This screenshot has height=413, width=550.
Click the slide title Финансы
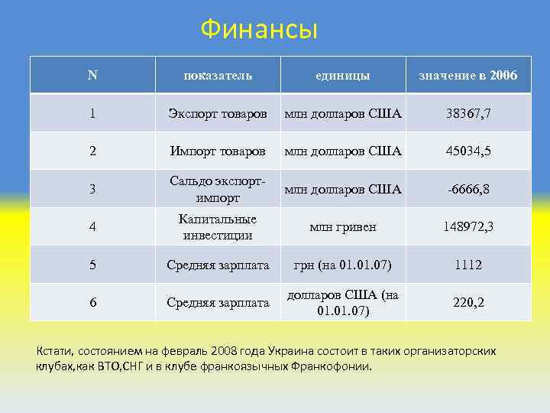point(259,30)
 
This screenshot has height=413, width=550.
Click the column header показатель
point(218,76)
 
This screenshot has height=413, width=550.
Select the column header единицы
point(343,76)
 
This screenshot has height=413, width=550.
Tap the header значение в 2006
point(467,76)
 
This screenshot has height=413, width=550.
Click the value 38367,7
point(467,113)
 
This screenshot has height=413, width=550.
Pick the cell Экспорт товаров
point(218,113)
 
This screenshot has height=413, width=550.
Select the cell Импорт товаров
point(218,151)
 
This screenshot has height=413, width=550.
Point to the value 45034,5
point(467,151)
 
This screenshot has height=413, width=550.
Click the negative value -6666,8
point(467,189)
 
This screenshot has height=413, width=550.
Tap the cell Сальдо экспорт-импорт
point(218,189)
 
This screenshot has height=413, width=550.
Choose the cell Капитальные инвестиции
point(218,227)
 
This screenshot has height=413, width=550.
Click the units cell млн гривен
point(343,227)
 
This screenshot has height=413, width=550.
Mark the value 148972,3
point(467,227)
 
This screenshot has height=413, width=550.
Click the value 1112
point(467,265)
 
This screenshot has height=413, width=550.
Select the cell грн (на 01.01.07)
point(343,265)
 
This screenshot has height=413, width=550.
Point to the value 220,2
point(467,302)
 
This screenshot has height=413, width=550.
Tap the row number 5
point(92,265)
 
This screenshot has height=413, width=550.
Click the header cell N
point(92,75)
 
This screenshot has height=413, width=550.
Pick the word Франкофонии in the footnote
point(331,366)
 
